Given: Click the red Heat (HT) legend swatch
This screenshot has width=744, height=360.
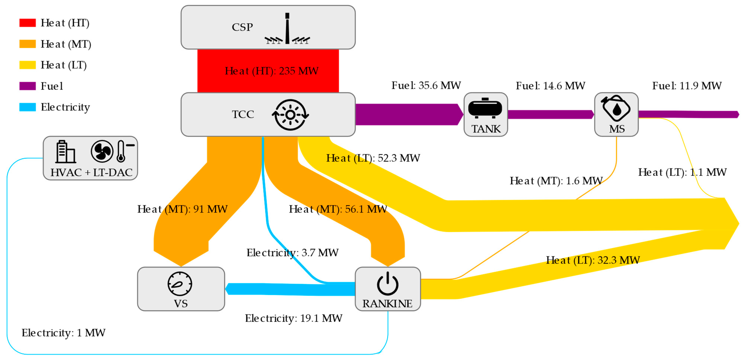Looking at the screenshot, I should (x=28, y=23).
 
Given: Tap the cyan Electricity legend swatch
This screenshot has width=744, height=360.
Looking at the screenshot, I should (x=28, y=107).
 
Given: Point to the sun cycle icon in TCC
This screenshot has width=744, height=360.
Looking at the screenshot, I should (x=290, y=115).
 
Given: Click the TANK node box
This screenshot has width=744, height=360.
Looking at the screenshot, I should (x=485, y=114).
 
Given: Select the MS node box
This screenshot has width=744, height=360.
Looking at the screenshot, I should (x=616, y=114).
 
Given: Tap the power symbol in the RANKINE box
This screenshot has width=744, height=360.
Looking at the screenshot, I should (x=388, y=284).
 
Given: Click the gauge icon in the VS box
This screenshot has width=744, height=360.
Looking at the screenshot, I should (x=180, y=284).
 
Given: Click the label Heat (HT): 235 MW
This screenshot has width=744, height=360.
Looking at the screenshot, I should (x=272, y=71).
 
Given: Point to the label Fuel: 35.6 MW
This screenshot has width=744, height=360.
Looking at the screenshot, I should (x=426, y=86).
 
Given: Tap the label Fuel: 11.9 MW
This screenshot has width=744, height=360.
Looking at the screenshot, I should (x=687, y=86).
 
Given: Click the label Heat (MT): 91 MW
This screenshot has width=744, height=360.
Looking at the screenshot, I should (x=182, y=209).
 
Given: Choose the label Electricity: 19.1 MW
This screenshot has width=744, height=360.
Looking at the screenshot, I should (x=294, y=318).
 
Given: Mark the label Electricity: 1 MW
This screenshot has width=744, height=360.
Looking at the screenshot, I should (x=64, y=333).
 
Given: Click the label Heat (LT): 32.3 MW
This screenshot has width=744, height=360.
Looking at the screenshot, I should (x=593, y=260).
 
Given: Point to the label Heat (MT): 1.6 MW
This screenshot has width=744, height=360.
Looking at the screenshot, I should (x=556, y=181).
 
